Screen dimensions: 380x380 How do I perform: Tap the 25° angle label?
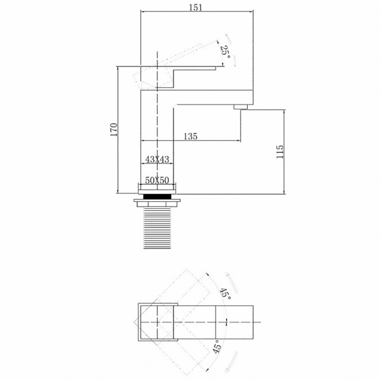tap(226, 52)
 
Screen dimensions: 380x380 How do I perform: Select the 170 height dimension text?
tap(113, 130)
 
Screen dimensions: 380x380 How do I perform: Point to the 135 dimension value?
tap(190, 136)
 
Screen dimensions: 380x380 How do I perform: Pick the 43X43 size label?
tap(157, 160)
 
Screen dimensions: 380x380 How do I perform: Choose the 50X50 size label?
tap(157, 179)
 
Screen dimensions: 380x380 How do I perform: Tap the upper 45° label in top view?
tap(225, 294)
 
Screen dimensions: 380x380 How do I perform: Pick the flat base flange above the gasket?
tap(157, 189)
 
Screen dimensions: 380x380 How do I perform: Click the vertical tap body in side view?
tap(157, 138)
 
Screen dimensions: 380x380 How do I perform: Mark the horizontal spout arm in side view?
tap(210, 96)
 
